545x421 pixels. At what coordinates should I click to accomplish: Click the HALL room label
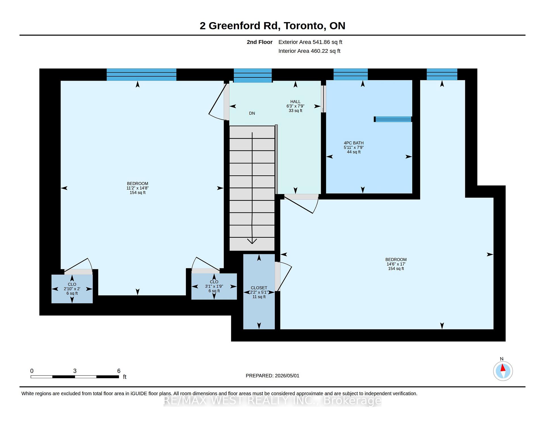pos(295,102)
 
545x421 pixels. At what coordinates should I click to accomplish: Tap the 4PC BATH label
pos(354,143)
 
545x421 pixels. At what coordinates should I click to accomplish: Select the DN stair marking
pos(252,113)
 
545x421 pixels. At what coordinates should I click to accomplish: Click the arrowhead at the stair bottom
pos(252,241)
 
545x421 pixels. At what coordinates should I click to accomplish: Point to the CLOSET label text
pos(259,288)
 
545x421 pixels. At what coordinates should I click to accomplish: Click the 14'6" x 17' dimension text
pos(396,264)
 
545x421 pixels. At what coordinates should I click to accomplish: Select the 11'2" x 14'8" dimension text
pos(138,188)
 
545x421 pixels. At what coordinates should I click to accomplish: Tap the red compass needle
pos(503,368)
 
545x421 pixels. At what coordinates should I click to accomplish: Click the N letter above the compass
pos(502,359)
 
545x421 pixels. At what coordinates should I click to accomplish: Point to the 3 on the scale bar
pos(75,371)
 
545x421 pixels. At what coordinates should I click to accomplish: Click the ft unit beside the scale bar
pos(125,377)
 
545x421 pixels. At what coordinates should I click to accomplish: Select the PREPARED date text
pos(272,376)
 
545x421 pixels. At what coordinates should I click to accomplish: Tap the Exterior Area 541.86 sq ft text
pos(310,42)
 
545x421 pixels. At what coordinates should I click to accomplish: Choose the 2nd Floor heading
pos(259,42)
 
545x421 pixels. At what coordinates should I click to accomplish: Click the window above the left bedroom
pos(141,75)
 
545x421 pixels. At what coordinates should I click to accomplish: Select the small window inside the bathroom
pos(393,119)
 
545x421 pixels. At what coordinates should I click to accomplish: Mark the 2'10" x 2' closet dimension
pos(72,289)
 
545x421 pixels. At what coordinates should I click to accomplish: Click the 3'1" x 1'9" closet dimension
pos(214,286)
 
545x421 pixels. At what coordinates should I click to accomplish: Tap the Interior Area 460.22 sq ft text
pos(309,51)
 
